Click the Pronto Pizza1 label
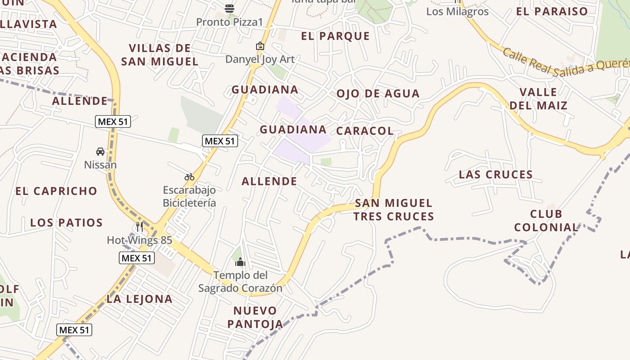click(229, 22)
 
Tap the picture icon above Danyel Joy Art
click(260, 46)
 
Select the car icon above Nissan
click(100, 152)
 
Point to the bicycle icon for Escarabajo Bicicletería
click(189, 177)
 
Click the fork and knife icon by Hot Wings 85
click(139, 227)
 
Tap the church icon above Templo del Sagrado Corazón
click(240, 262)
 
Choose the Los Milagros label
click(457, 11)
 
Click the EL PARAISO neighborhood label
click(552, 11)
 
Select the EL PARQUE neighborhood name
click(335, 36)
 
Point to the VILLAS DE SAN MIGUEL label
click(160, 54)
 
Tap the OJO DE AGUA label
click(378, 94)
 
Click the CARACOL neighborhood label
click(365, 131)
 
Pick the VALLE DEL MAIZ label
click(538, 99)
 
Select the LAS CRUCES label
click(495, 174)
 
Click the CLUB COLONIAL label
click(546, 220)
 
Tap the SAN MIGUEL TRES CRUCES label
click(393, 210)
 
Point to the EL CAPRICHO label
click(56, 191)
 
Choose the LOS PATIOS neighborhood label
click(66, 222)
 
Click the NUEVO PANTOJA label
click(255, 317)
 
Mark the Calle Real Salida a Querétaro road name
click(565, 63)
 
